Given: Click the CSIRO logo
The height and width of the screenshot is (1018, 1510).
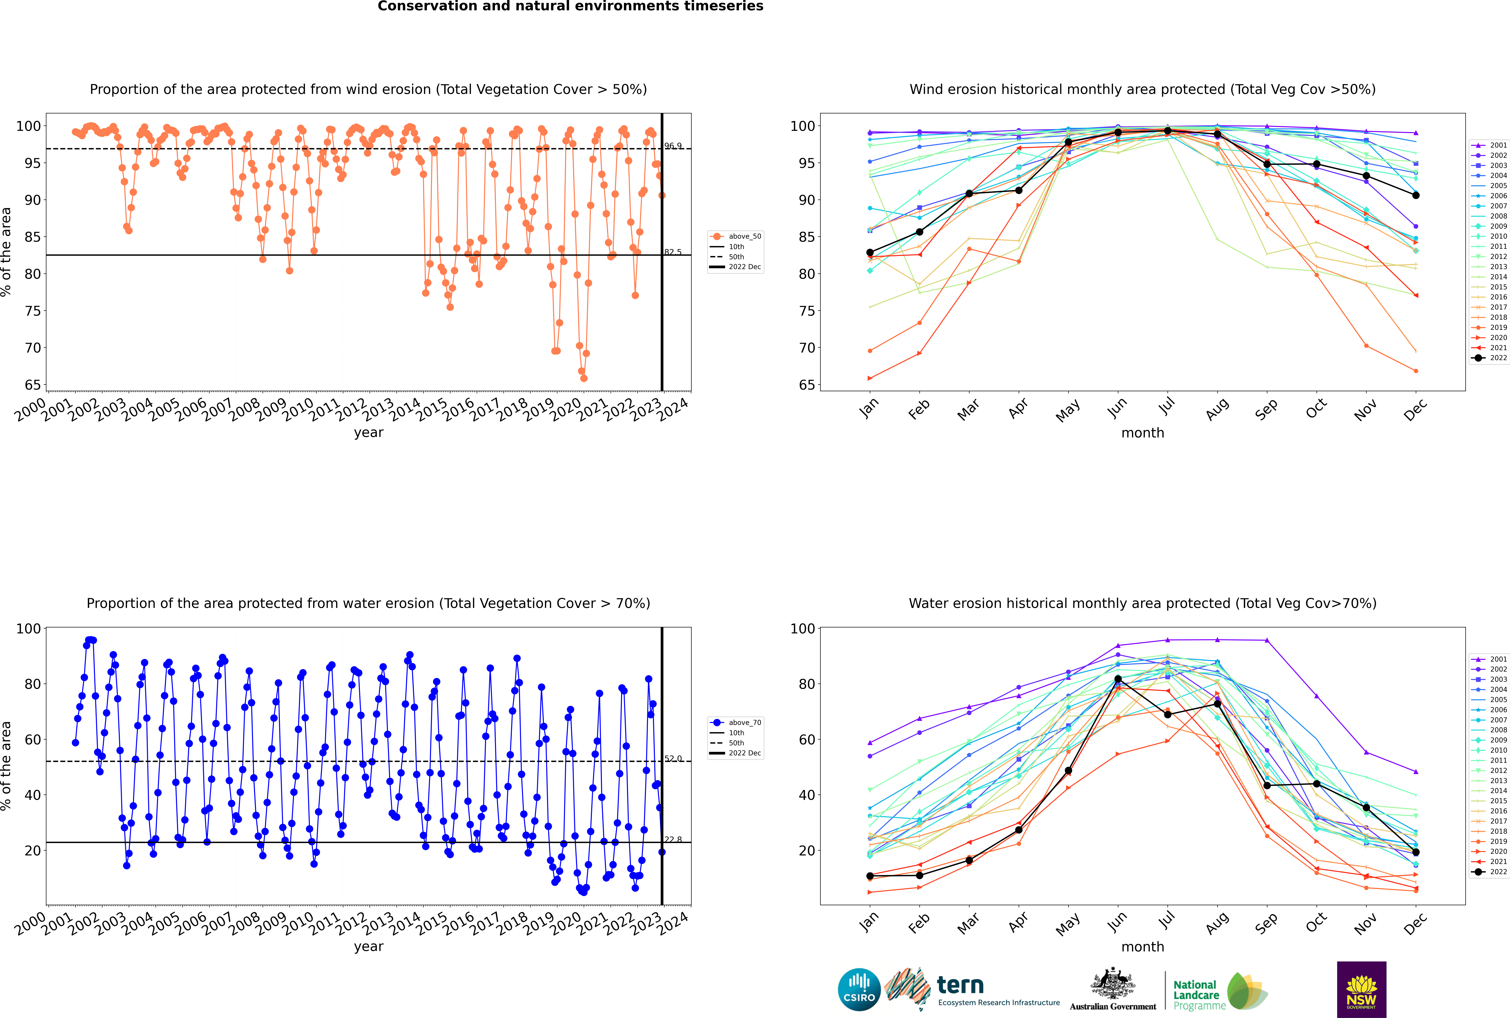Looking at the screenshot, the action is point(859,989).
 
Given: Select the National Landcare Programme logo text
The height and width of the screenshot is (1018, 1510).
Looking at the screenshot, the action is point(1199,995).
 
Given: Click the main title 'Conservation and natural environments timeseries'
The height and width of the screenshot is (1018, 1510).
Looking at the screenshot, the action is point(570,6).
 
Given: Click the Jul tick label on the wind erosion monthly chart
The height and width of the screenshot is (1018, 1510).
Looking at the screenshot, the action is point(1167,406).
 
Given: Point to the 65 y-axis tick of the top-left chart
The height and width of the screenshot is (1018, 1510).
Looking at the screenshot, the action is point(32,385).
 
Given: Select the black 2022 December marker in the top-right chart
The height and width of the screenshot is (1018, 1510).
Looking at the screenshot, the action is point(1416,195).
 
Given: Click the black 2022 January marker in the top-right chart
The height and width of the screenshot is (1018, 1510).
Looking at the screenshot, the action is point(870,252).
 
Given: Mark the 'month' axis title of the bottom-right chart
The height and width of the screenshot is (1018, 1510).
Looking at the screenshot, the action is point(1143,947).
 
